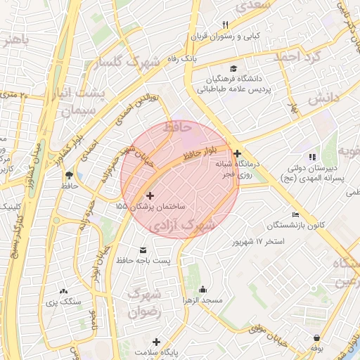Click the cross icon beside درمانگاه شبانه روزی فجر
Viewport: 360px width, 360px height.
(x=237, y=153)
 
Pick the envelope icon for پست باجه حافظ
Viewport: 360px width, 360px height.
(x=143, y=251)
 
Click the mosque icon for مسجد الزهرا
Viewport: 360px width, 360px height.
(x=202, y=289)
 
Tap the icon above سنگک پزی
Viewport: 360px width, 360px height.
(x=64, y=290)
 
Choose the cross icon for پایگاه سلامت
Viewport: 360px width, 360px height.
(x=157, y=342)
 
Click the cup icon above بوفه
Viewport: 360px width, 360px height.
(x=317, y=337)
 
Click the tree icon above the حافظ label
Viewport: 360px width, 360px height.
(x=69, y=174)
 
